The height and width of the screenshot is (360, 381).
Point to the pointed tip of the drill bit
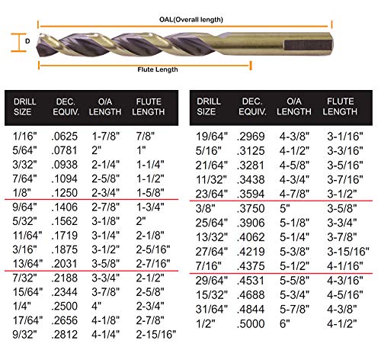pyautogui.click(x=40, y=40)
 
